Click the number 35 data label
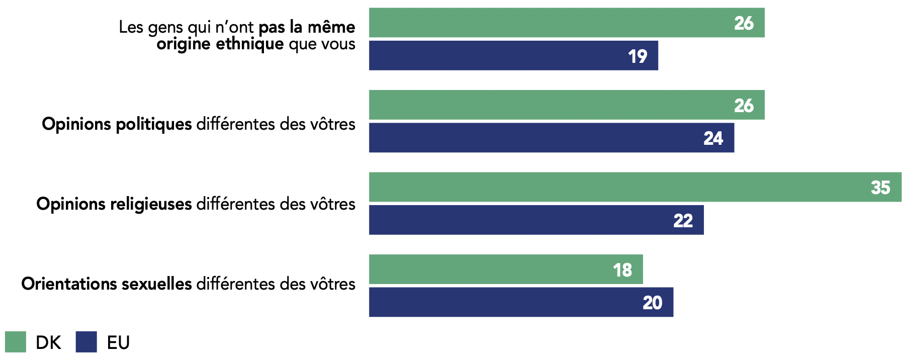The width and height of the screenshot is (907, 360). point(880,188)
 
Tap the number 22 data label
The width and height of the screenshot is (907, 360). point(683,220)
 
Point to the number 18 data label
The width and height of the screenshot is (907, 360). point(622,270)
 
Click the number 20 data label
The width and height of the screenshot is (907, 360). point(652,303)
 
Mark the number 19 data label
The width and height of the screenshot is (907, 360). point(638,56)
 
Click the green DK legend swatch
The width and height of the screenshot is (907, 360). point(16,342)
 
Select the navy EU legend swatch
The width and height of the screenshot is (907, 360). point(86,342)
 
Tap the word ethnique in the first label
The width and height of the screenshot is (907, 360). point(249,44)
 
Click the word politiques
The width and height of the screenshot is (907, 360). point(154,124)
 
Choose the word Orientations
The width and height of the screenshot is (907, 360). point(69,284)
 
